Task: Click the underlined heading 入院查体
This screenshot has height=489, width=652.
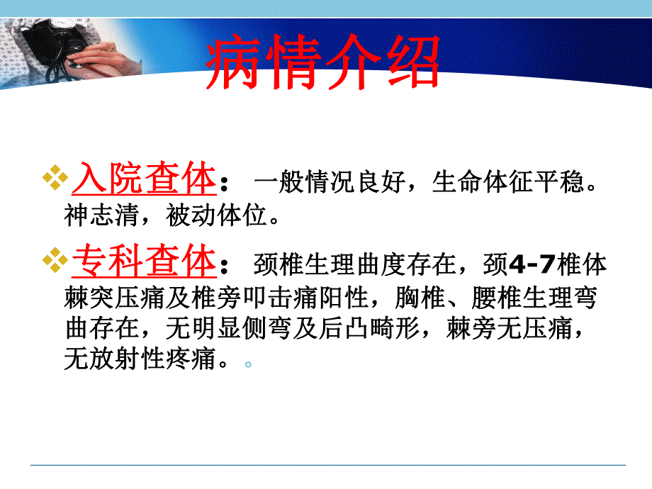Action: click(144, 179)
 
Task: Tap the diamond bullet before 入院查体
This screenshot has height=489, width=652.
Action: click(55, 180)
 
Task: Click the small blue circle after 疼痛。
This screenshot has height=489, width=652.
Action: click(248, 364)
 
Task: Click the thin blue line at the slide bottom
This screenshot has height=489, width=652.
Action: click(327, 465)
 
